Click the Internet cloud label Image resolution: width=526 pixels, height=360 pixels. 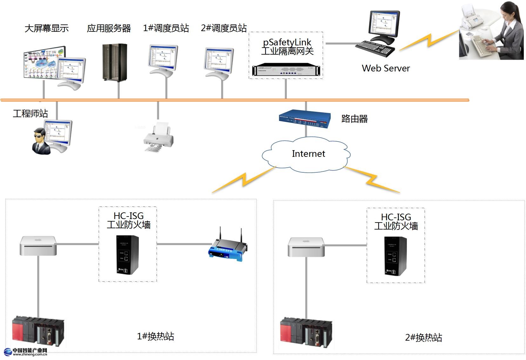pyautogui.click(x=308, y=154)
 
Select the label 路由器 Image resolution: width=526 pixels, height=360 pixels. pyautogui.click(x=354, y=119)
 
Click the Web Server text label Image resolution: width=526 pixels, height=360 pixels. pyautogui.click(x=386, y=68)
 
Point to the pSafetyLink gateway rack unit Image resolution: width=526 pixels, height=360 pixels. pyautogui.click(x=286, y=70)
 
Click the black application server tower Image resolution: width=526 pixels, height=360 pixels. pyautogui.click(x=115, y=62)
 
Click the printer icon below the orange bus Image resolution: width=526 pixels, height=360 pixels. pyautogui.click(x=159, y=137)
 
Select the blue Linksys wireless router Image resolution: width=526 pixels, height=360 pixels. pyautogui.click(x=228, y=249)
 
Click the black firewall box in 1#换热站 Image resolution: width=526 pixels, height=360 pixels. pyautogui.click(x=127, y=255)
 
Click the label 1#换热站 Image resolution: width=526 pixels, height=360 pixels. pyautogui.click(x=155, y=336)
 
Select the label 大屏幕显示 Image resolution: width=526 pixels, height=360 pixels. pyautogui.click(x=47, y=28)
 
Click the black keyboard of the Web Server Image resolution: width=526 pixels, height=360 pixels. pyautogui.click(x=375, y=48)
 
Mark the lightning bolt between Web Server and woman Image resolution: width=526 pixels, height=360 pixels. pyautogui.click(x=429, y=40)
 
